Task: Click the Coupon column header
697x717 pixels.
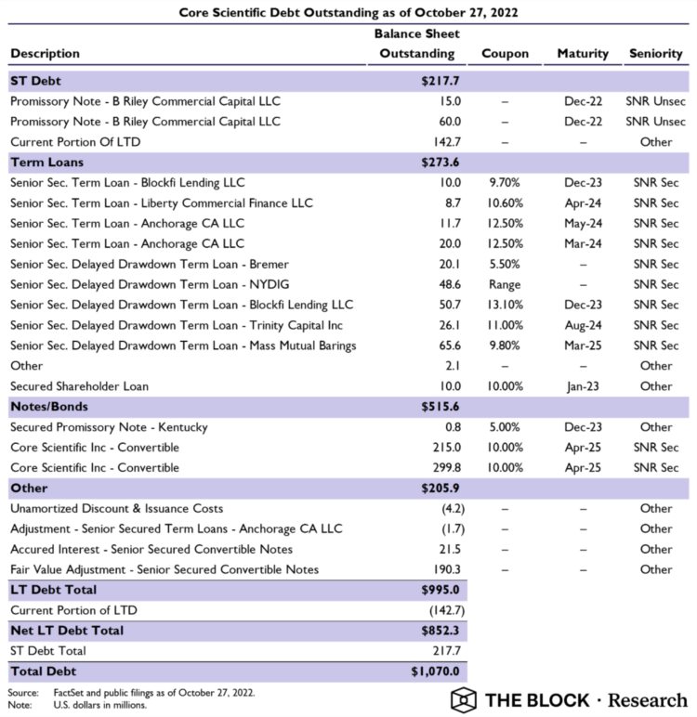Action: [x=505, y=53]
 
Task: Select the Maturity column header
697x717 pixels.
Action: [x=583, y=53]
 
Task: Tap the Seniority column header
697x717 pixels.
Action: [x=655, y=53]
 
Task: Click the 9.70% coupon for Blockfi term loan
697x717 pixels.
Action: [x=505, y=182]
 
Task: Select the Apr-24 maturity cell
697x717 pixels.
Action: [x=583, y=202]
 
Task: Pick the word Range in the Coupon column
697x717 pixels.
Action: [x=505, y=284]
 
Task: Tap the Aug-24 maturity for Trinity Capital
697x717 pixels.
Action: [x=583, y=325]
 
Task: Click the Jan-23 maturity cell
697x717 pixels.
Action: [x=583, y=386]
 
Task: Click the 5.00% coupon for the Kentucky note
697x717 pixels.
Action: [x=505, y=427]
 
